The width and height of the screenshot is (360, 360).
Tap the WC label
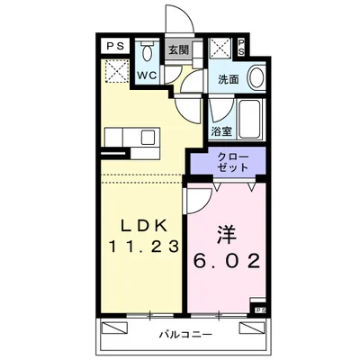click(x=147, y=76)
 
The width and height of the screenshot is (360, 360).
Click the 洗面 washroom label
click(x=228, y=79)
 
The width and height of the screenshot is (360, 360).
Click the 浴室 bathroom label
click(x=220, y=132)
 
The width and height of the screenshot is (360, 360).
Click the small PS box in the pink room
click(x=260, y=310)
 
